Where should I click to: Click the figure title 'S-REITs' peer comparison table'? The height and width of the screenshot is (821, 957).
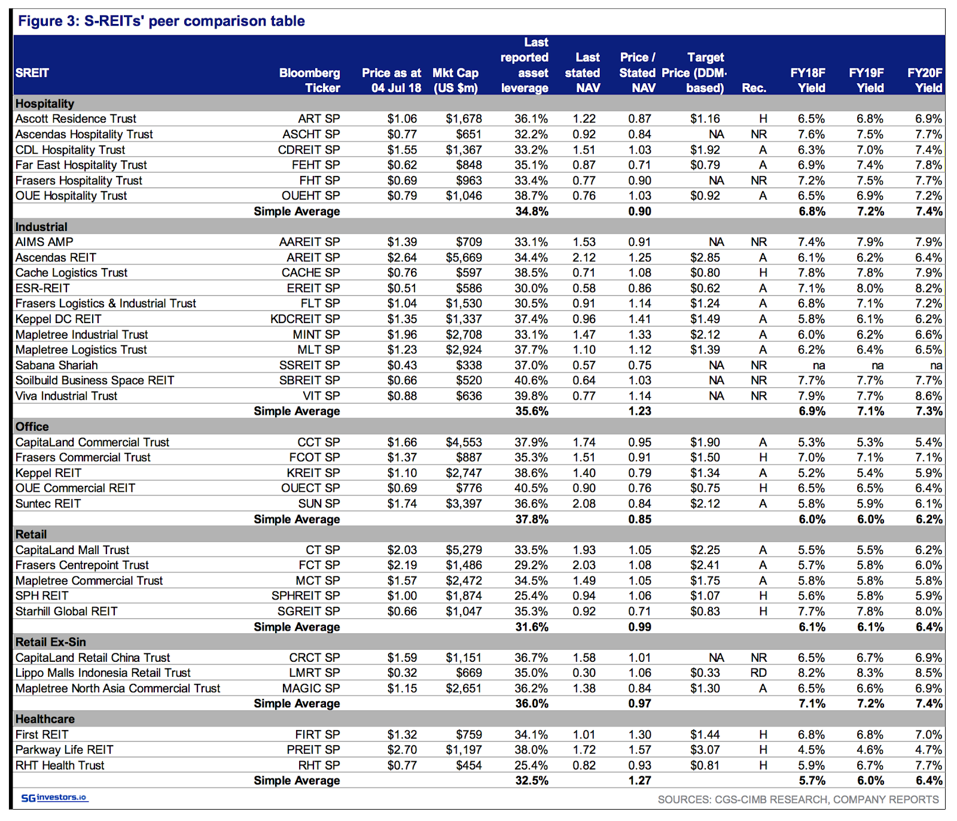tap(194, 22)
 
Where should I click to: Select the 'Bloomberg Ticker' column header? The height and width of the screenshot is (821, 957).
tap(309, 80)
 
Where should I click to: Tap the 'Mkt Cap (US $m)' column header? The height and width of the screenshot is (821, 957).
tap(455, 80)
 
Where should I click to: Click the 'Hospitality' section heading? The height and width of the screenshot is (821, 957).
tap(45, 104)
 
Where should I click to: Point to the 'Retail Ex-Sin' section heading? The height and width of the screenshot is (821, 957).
tap(51, 642)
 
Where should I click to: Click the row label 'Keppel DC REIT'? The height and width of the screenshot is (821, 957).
tap(59, 319)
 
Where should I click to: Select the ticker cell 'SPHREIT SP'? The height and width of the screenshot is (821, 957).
tap(306, 596)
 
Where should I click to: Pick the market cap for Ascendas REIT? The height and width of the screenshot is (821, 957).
tap(464, 257)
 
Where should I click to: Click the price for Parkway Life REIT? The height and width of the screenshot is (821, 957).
tap(402, 750)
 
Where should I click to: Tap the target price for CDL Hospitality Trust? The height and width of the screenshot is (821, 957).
tap(705, 150)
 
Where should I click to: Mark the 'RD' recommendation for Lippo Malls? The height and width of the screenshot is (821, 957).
tap(758, 673)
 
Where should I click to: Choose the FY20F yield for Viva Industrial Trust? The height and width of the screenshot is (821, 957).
tap(929, 396)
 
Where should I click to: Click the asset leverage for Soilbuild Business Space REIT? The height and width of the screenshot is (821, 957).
tap(531, 381)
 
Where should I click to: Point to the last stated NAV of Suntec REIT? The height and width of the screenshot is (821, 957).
tap(584, 504)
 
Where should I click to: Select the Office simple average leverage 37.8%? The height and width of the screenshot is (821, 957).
tap(532, 519)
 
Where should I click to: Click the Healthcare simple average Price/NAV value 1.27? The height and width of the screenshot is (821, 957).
tap(639, 780)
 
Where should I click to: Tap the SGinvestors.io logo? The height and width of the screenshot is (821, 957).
tap(54, 798)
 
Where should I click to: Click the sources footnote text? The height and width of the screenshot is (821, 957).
tap(798, 799)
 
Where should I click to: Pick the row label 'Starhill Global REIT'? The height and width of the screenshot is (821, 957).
tap(66, 611)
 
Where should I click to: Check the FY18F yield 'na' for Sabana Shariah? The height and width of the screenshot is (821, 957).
tap(819, 366)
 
